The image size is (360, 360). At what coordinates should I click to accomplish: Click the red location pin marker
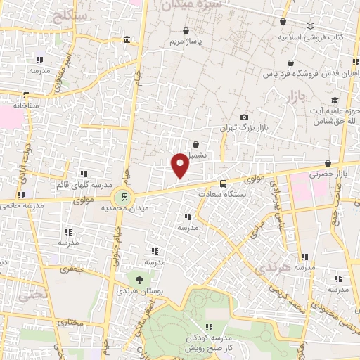click(181, 166)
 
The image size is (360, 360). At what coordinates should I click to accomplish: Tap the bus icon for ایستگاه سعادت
click(223, 184)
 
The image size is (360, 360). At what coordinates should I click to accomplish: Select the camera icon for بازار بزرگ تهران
click(244, 117)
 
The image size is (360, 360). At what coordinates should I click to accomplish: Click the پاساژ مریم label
click(186, 41)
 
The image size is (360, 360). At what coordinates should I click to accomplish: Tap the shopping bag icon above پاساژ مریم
click(186, 31)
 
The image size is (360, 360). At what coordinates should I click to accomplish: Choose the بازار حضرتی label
click(332, 172)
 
